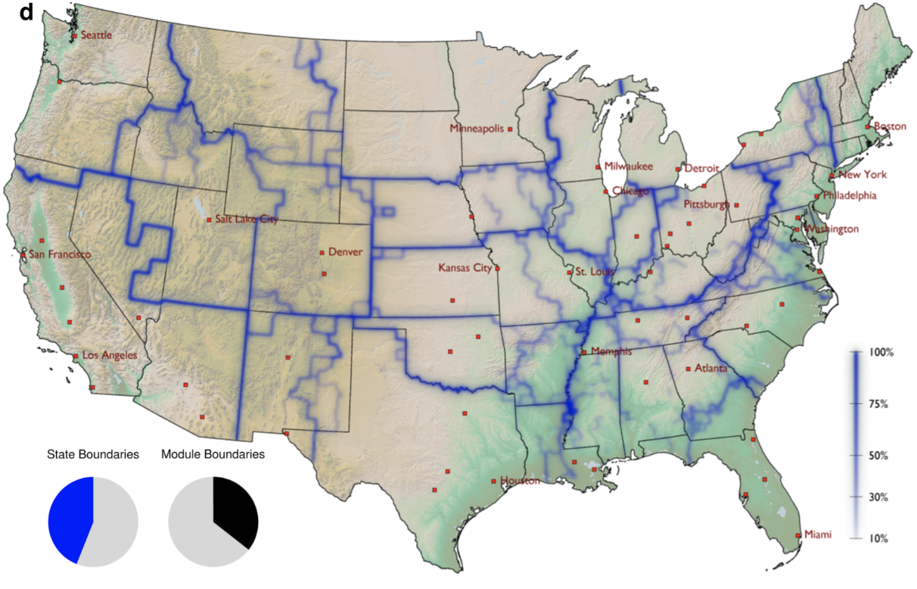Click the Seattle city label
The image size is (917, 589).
tap(96, 35)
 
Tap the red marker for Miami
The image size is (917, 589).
tap(799, 536)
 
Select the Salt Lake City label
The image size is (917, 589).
tap(246, 220)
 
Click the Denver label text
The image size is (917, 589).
tap(344, 252)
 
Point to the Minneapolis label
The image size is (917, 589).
tap(477, 129)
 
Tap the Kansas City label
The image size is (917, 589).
tap(465, 268)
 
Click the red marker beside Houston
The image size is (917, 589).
tap(493, 481)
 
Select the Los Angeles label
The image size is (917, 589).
tap(110, 355)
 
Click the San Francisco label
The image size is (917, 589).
tap(60, 254)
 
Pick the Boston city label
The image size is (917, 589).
tap(890, 126)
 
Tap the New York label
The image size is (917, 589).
tap(861, 175)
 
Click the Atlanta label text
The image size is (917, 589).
tap(711, 369)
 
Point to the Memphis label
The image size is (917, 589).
tap(611, 351)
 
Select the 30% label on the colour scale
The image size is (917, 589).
tap(877, 497)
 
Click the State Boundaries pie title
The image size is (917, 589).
tap(93, 455)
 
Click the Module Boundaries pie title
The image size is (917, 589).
tap(213, 455)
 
